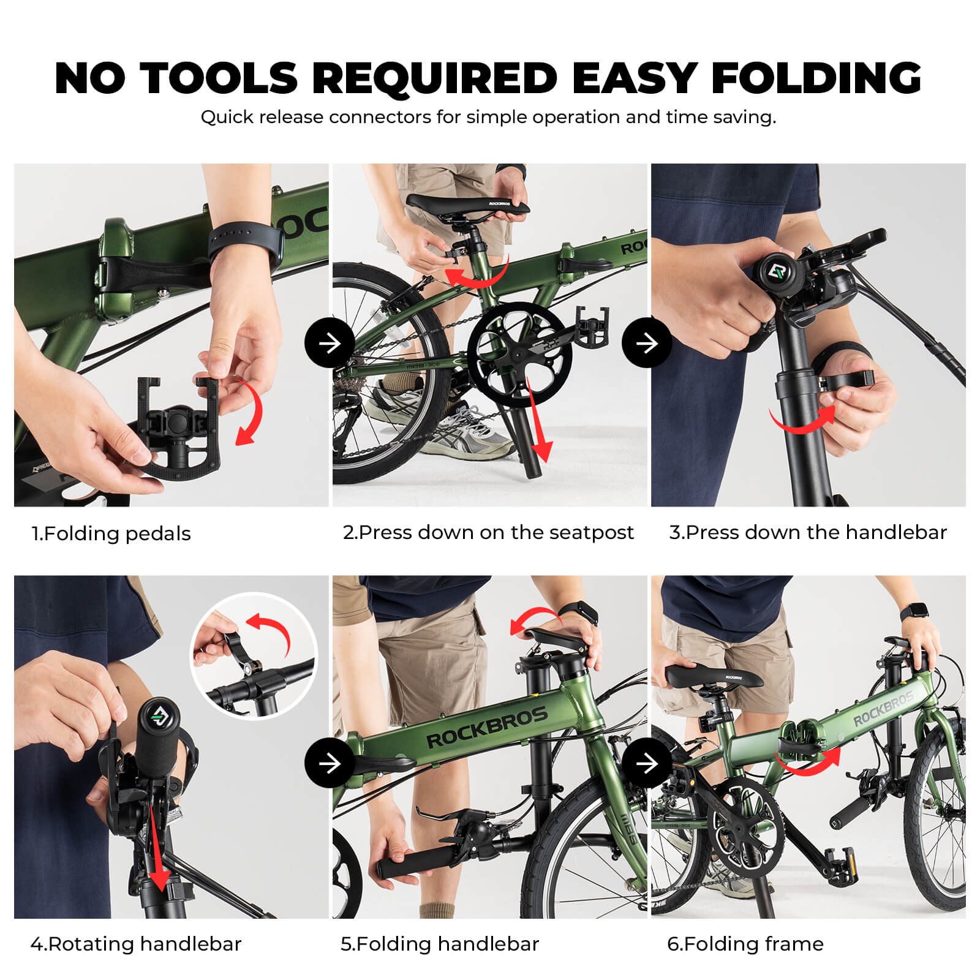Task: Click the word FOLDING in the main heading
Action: pyautogui.click(x=816, y=78)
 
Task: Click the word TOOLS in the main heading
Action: pyautogui.click(x=219, y=78)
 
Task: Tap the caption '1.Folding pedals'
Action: pyautogui.click(x=111, y=533)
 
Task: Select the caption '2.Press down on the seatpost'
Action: pyautogui.click(x=488, y=532)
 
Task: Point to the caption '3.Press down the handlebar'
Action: pyautogui.click(x=808, y=532)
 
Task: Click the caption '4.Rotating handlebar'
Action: pyautogui.click(x=136, y=944)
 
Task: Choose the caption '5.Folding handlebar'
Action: pyautogui.click(x=440, y=944)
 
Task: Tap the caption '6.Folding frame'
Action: pyautogui.click(x=745, y=944)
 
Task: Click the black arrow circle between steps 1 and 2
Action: pyautogui.click(x=330, y=342)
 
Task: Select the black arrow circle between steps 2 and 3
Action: pyautogui.click(x=647, y=342)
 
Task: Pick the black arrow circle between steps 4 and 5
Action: pyautogui.click(x=330, y=763)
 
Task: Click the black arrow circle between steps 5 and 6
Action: pyautogui.click(x=647, y=763)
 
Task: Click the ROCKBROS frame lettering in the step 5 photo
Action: pyautogui.click(x=486, y=727)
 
